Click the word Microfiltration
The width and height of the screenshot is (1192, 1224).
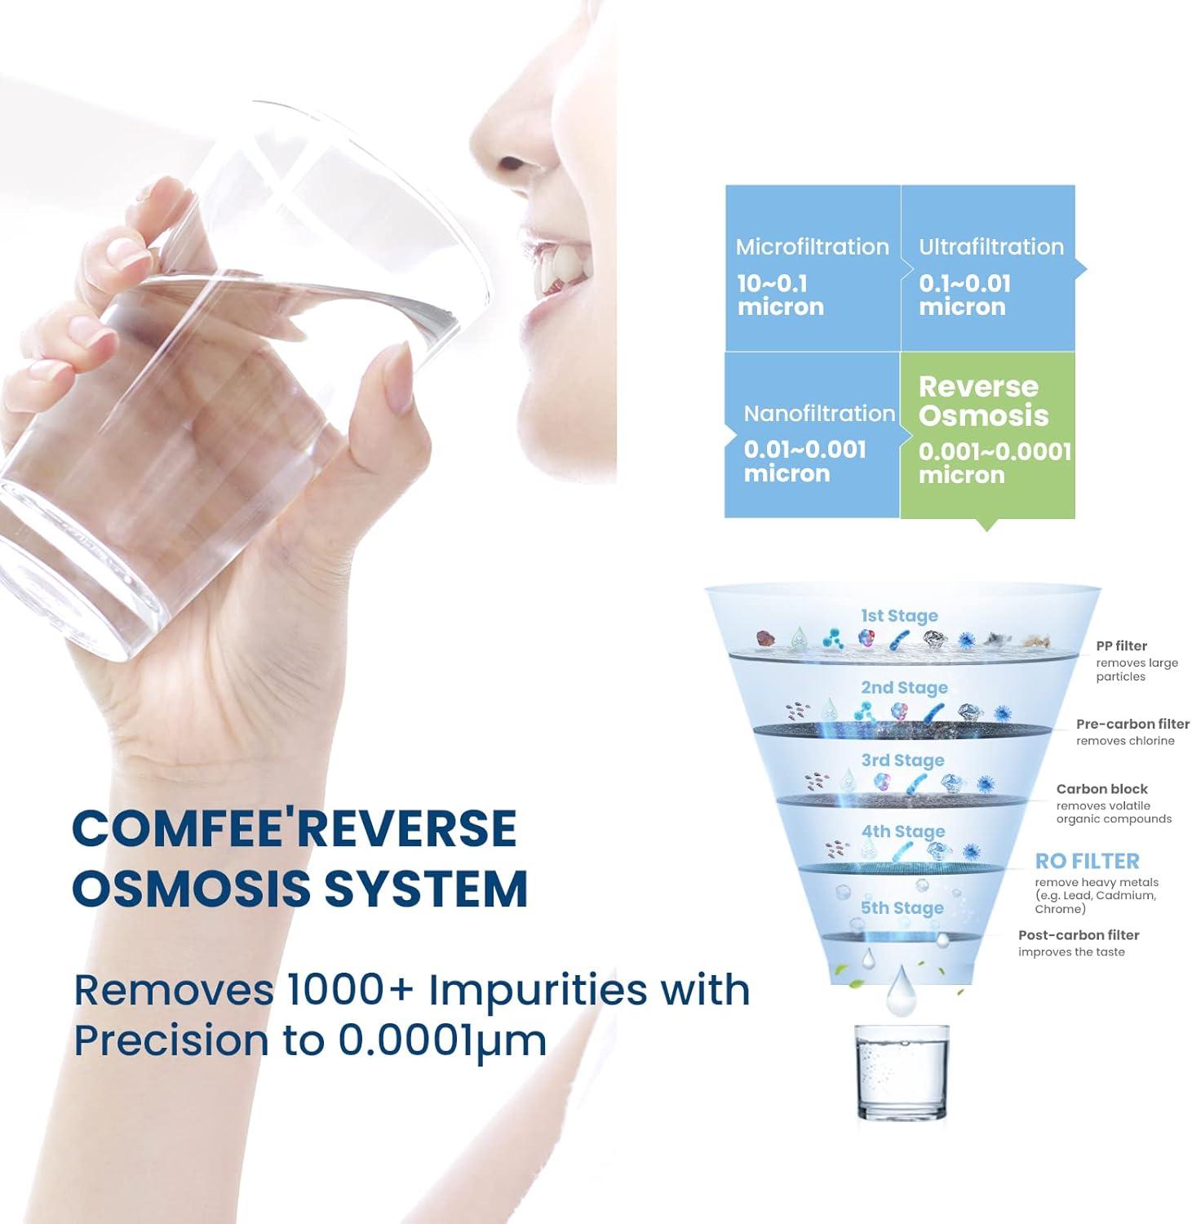[812, 246]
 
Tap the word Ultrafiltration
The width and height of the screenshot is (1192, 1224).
[991, 246]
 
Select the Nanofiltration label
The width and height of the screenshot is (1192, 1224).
[819, 413]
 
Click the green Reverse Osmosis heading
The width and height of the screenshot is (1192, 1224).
[983, 401]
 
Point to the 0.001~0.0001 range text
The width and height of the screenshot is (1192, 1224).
[995, 451]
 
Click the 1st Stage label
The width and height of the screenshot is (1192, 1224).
[899, 615]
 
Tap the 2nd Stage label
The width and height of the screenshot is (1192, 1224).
[904, 687]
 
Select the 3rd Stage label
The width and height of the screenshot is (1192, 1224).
[902, 760]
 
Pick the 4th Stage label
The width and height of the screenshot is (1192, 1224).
[902, 831]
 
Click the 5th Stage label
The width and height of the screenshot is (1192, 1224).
[902, 907]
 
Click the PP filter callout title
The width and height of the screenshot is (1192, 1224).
[1121, 645]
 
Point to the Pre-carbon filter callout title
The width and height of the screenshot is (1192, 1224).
[1132, 724]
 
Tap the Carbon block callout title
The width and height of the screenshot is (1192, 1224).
[1101, 789]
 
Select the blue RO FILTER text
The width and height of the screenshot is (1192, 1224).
[1087, 861]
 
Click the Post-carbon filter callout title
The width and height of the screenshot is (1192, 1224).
[1078, 935]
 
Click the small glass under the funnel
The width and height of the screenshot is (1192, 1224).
[902, 1071]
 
